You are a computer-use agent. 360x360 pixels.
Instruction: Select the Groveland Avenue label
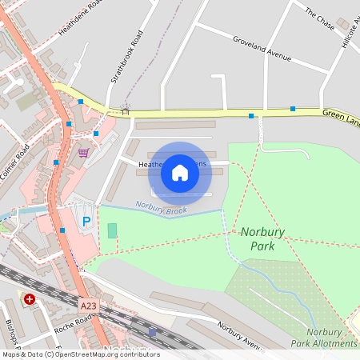point(263,47)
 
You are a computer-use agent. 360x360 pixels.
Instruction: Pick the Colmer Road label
point(14,161)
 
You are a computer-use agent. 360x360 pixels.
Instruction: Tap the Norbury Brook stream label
point(161,207)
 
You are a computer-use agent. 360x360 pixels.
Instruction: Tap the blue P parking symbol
point(86,221)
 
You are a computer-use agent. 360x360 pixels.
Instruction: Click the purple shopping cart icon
point(83,152)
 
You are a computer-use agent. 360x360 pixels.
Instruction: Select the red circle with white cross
point(30,299)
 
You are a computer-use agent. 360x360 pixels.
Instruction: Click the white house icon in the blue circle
point(180,173)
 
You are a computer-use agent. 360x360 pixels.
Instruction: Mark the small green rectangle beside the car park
point(112,230)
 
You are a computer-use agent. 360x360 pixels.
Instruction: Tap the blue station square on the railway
point(152,332)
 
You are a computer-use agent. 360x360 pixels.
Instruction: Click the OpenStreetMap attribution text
point(80,354)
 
